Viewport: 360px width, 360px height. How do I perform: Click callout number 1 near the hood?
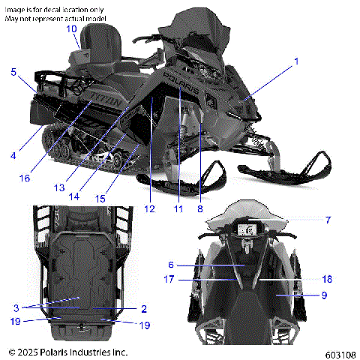(x=295, y=60)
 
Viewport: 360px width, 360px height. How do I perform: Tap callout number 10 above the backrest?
(x=71, y=28)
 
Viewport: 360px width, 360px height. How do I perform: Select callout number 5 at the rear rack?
(x=13, y=72)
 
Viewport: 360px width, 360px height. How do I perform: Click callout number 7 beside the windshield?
(x=328, y=220)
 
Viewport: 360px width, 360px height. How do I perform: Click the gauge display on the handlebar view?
(x=247, y=230)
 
